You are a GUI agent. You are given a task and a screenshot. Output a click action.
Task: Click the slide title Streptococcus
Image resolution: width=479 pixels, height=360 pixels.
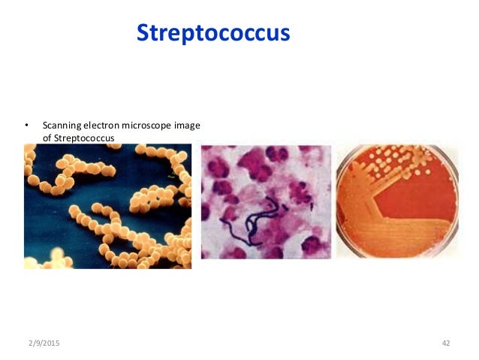(x=212, y=34)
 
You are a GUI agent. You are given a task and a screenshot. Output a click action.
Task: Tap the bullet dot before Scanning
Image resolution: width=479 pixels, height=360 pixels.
(x=26, y=126)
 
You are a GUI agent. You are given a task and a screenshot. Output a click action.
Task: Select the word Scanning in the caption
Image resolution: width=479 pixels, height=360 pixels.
(x=62, y=126)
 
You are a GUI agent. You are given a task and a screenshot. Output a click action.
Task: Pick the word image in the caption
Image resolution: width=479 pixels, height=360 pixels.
(x=188, y=126)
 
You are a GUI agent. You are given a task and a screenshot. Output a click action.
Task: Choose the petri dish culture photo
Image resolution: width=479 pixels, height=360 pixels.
(x=396, y=201)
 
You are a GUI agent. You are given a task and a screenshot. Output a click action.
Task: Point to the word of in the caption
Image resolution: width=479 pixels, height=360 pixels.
(x=47, y=138)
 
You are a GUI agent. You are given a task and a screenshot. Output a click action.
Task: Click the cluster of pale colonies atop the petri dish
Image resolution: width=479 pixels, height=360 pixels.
(x=390, y=158)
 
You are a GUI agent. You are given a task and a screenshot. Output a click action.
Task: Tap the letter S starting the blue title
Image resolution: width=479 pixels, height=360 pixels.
(x=143, y=34)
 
